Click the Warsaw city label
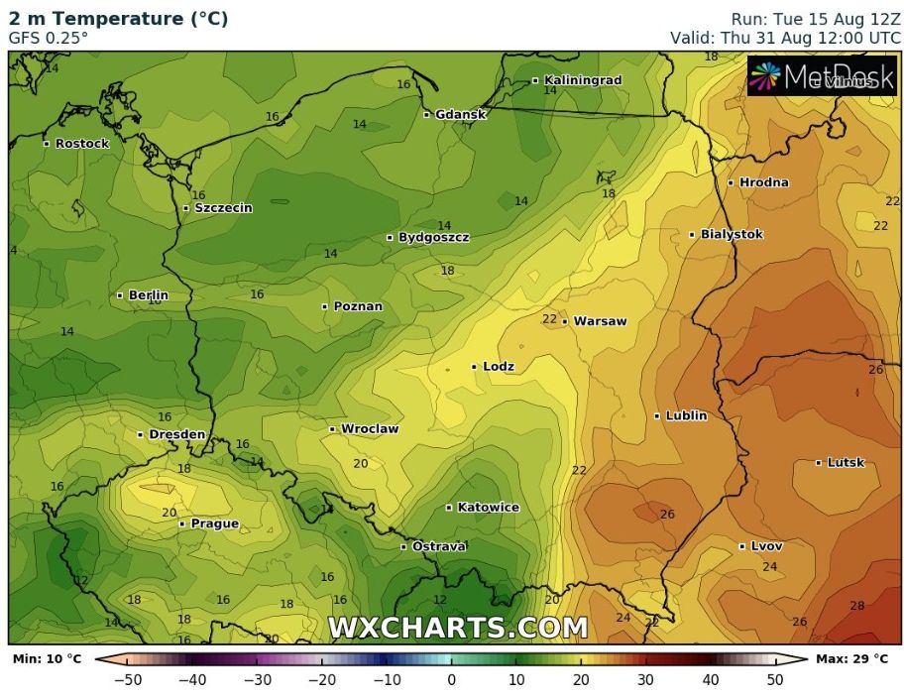tap(601, 321)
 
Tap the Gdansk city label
tap(461, 114)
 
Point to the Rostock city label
tap(81, 144)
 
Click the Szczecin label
tap(223, 208)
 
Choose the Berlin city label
tap(148, 295)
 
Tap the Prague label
tap(214, 523)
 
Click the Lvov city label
tap(766, 546)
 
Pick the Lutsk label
tap(846, 463)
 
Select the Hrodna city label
tap(764, 182)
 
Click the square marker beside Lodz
tap(474, 367)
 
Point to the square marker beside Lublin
tap(657, 416)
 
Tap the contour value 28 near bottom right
tap(856, 606)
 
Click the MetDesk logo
tap(822, 76)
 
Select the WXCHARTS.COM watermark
tap(457, 628)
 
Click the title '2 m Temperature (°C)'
tap(118, 18)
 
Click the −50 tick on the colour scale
tap(128, 680)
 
